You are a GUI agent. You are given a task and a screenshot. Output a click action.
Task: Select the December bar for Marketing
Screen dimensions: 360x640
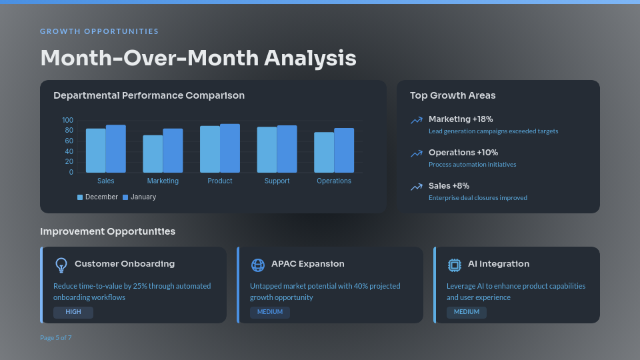[153, 154]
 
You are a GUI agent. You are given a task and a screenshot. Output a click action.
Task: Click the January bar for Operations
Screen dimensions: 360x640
[344, 151]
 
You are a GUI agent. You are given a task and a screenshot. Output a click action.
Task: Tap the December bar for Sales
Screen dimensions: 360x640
[95, 151]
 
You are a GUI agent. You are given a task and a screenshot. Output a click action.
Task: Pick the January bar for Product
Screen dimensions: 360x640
[230, 148]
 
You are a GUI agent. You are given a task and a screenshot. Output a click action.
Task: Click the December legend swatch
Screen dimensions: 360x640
[80, 197]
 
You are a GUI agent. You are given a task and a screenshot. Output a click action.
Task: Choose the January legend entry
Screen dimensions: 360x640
[139, 197]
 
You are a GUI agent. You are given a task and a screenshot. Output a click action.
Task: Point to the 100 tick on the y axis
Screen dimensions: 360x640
[67, 120]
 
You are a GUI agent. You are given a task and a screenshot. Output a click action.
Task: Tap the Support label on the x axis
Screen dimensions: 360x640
[277, 181]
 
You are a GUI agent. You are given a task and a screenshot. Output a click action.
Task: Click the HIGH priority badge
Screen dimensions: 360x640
[73, 312]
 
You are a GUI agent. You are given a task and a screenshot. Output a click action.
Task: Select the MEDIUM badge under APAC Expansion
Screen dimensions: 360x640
[270, 312]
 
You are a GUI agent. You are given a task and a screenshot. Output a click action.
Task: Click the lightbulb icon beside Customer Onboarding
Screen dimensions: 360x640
[61, 265]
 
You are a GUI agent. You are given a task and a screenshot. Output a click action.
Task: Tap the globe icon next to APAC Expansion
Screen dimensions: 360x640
[258, 265]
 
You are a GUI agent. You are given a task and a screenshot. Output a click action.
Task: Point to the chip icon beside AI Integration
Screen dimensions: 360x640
[455, 265]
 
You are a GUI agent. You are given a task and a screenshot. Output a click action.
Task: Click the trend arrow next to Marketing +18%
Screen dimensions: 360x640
[417, 121]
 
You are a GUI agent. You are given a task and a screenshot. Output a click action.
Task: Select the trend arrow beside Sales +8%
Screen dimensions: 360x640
[417, 187]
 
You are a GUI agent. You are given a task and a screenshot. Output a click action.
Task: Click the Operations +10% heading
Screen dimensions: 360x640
[463, 153]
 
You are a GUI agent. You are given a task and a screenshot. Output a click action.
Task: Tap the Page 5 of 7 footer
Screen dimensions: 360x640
[56, 337]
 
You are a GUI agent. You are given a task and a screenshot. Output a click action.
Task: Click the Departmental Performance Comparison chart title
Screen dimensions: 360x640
[149, 95]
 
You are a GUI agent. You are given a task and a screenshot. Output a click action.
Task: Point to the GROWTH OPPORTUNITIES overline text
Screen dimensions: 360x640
[99, 31]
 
